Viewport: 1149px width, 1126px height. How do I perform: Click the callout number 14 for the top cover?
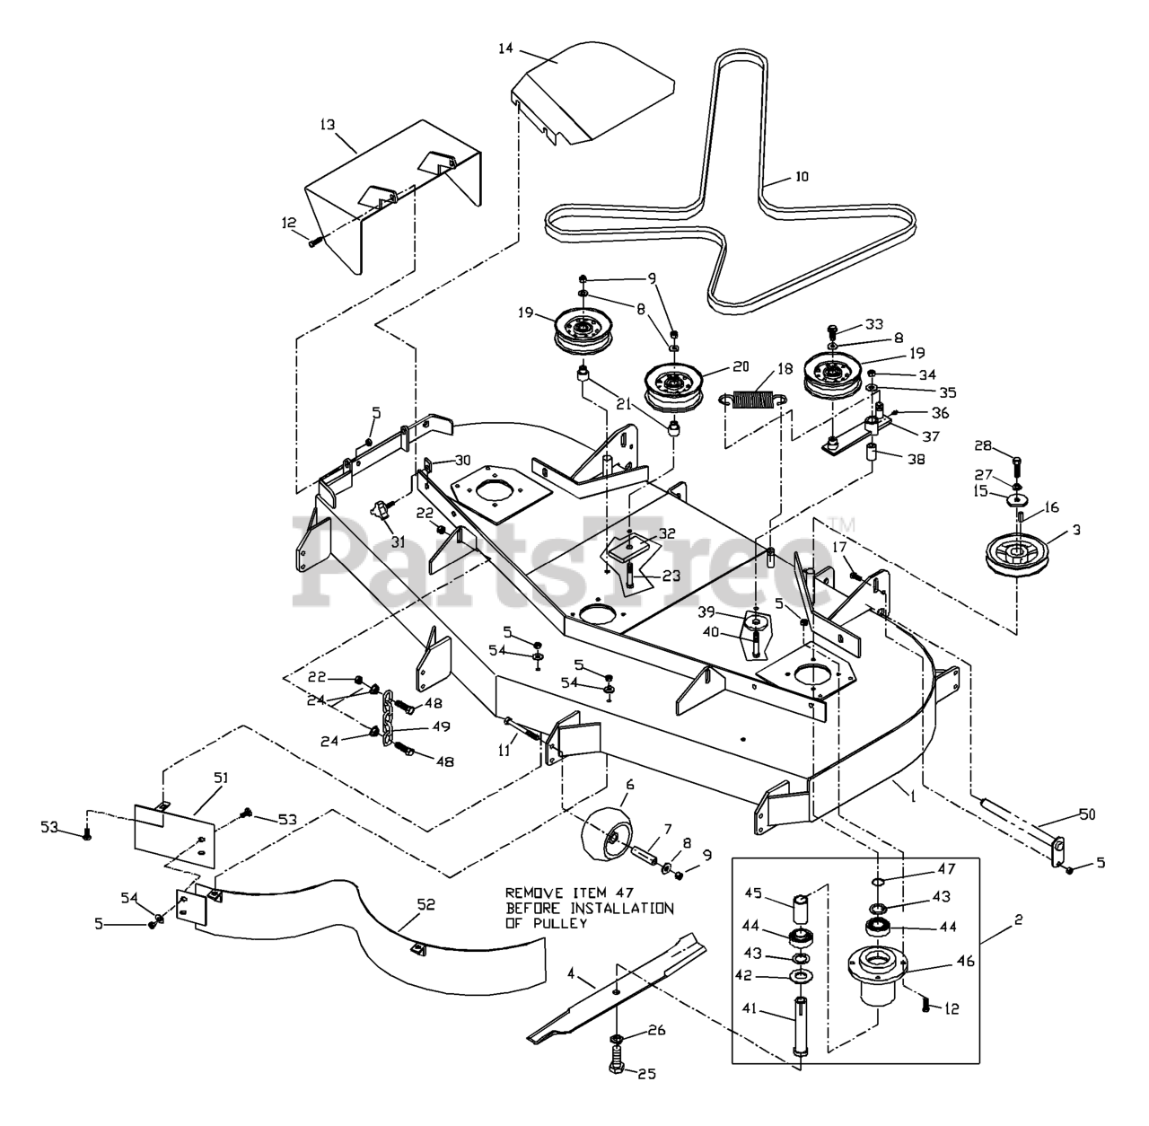505,48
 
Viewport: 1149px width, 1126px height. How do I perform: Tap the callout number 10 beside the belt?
801,177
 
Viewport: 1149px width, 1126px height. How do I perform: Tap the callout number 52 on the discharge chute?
425,904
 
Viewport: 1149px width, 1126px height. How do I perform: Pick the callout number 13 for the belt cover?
329,125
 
